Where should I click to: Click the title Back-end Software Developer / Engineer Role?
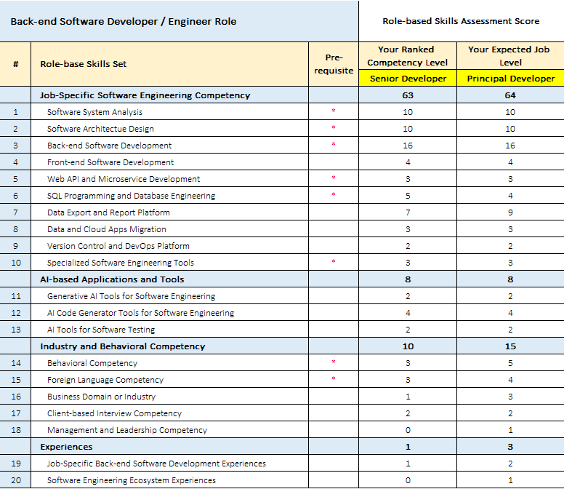tap(124, 22)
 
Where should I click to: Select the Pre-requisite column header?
tap(334, 64)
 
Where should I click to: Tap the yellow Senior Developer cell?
tap(408, 79)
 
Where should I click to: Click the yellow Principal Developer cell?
tap(510, 79)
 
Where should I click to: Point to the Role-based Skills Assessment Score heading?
tap(461, 21)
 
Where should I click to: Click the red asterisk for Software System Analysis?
tap(334, 111)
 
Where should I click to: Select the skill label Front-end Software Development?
tap(110, 162)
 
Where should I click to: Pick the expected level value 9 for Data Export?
tap(510, 212)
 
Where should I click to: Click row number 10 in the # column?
tap(16, 263)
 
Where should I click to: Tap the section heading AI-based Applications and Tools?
tap(112, 279)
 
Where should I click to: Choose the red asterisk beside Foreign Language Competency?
tap(334, 378)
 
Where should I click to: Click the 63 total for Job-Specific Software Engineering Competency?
tap(408, 95)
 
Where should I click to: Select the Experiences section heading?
tap(66, 447)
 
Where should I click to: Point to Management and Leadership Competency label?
tap(127, 430)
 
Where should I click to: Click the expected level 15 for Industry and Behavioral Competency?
tap(510, 346)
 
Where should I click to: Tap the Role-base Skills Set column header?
tap(84, 64)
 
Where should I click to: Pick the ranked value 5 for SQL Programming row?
tap(408, 196)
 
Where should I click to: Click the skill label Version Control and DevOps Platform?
tap(118, 246)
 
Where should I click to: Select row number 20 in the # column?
tap(16, 480)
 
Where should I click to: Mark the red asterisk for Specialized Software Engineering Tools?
tap(334, 261)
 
